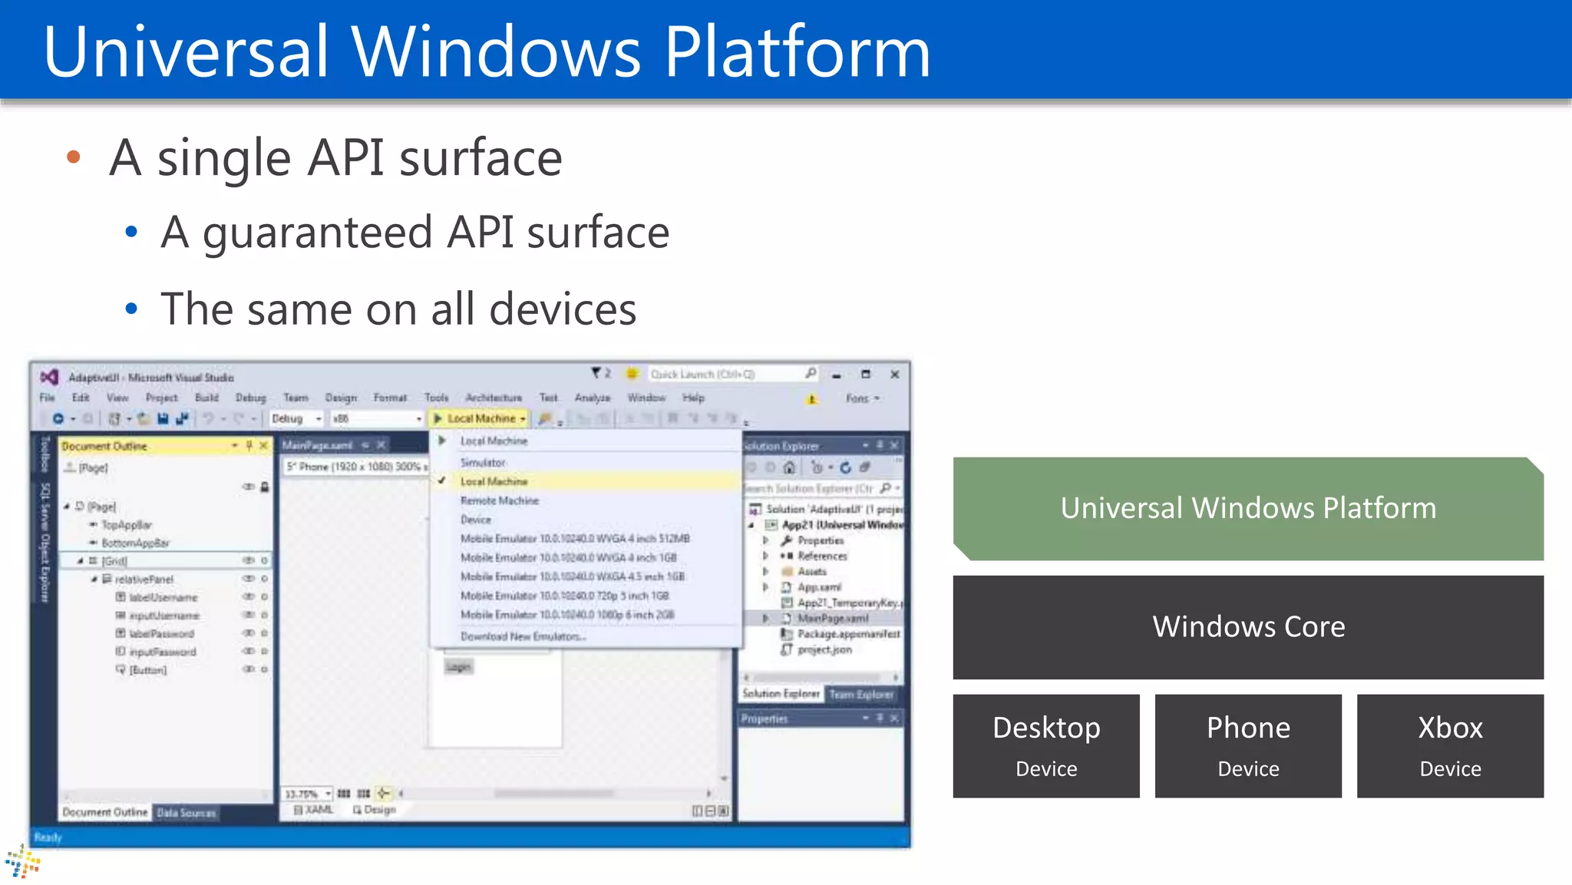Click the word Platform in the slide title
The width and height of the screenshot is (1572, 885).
point(797,52)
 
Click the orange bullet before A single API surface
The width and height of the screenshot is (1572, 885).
point(74,157)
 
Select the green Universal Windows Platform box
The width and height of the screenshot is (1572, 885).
point(1248,508)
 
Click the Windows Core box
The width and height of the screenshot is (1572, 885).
point(1248,627)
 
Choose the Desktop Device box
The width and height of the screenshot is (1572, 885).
point(1046,746)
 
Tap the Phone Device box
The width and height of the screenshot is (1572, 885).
point(1248,746)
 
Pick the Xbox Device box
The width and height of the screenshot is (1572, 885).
point(1450,746)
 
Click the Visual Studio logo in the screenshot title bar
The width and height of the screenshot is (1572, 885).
point(49,377)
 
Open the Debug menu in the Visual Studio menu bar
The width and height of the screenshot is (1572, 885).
point(250,398)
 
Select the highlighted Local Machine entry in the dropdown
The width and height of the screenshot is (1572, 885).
point(494,481)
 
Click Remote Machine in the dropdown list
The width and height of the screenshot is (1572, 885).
point(500,500)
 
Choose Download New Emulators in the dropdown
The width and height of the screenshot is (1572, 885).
point(523,636)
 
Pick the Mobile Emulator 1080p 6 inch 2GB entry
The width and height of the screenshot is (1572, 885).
point(567,615)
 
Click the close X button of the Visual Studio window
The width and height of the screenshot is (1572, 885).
point(894,375)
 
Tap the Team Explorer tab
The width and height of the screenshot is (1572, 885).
point(861,695)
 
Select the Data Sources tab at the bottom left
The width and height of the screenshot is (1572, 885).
point(187,813)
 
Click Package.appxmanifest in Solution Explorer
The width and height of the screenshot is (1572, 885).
point(848,634)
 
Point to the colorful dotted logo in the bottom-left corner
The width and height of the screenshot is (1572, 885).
point(22,862)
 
